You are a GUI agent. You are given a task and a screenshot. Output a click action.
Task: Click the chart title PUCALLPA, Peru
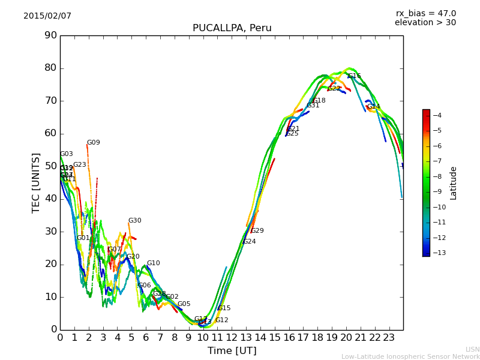tap(232, 28)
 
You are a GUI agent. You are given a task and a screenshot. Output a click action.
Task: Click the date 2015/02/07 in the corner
tap(47, 16)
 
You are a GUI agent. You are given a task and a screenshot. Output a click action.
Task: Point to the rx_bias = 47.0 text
tap(425, 14)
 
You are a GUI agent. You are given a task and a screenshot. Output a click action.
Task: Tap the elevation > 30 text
tap(425, 23)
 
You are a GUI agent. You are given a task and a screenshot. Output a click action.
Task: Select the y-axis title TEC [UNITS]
tap(36, 182)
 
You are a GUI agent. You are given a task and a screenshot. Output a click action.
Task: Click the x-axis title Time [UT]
tap(232, 351)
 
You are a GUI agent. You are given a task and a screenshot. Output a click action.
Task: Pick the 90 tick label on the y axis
tap(50, 35)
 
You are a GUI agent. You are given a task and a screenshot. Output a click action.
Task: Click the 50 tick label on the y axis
tap(50, 166)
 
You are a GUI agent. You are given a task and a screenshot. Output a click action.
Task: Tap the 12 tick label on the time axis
tap(232, 338)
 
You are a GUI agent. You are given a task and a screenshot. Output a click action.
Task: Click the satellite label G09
tap(93, 143)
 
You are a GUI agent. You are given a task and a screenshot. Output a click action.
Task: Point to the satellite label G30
tap(134, 221)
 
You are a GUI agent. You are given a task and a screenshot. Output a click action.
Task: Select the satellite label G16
tap(355, 76)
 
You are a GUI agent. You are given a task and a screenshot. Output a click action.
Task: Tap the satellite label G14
tap(374, 107)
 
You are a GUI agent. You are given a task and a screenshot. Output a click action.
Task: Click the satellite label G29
tap(257, 231)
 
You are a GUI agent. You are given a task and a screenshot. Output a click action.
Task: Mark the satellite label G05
tap(184, 304)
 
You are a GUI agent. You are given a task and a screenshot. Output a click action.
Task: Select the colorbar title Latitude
tap(454, 182)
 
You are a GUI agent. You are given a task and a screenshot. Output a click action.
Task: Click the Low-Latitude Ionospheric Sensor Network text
tap(410, 356)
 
